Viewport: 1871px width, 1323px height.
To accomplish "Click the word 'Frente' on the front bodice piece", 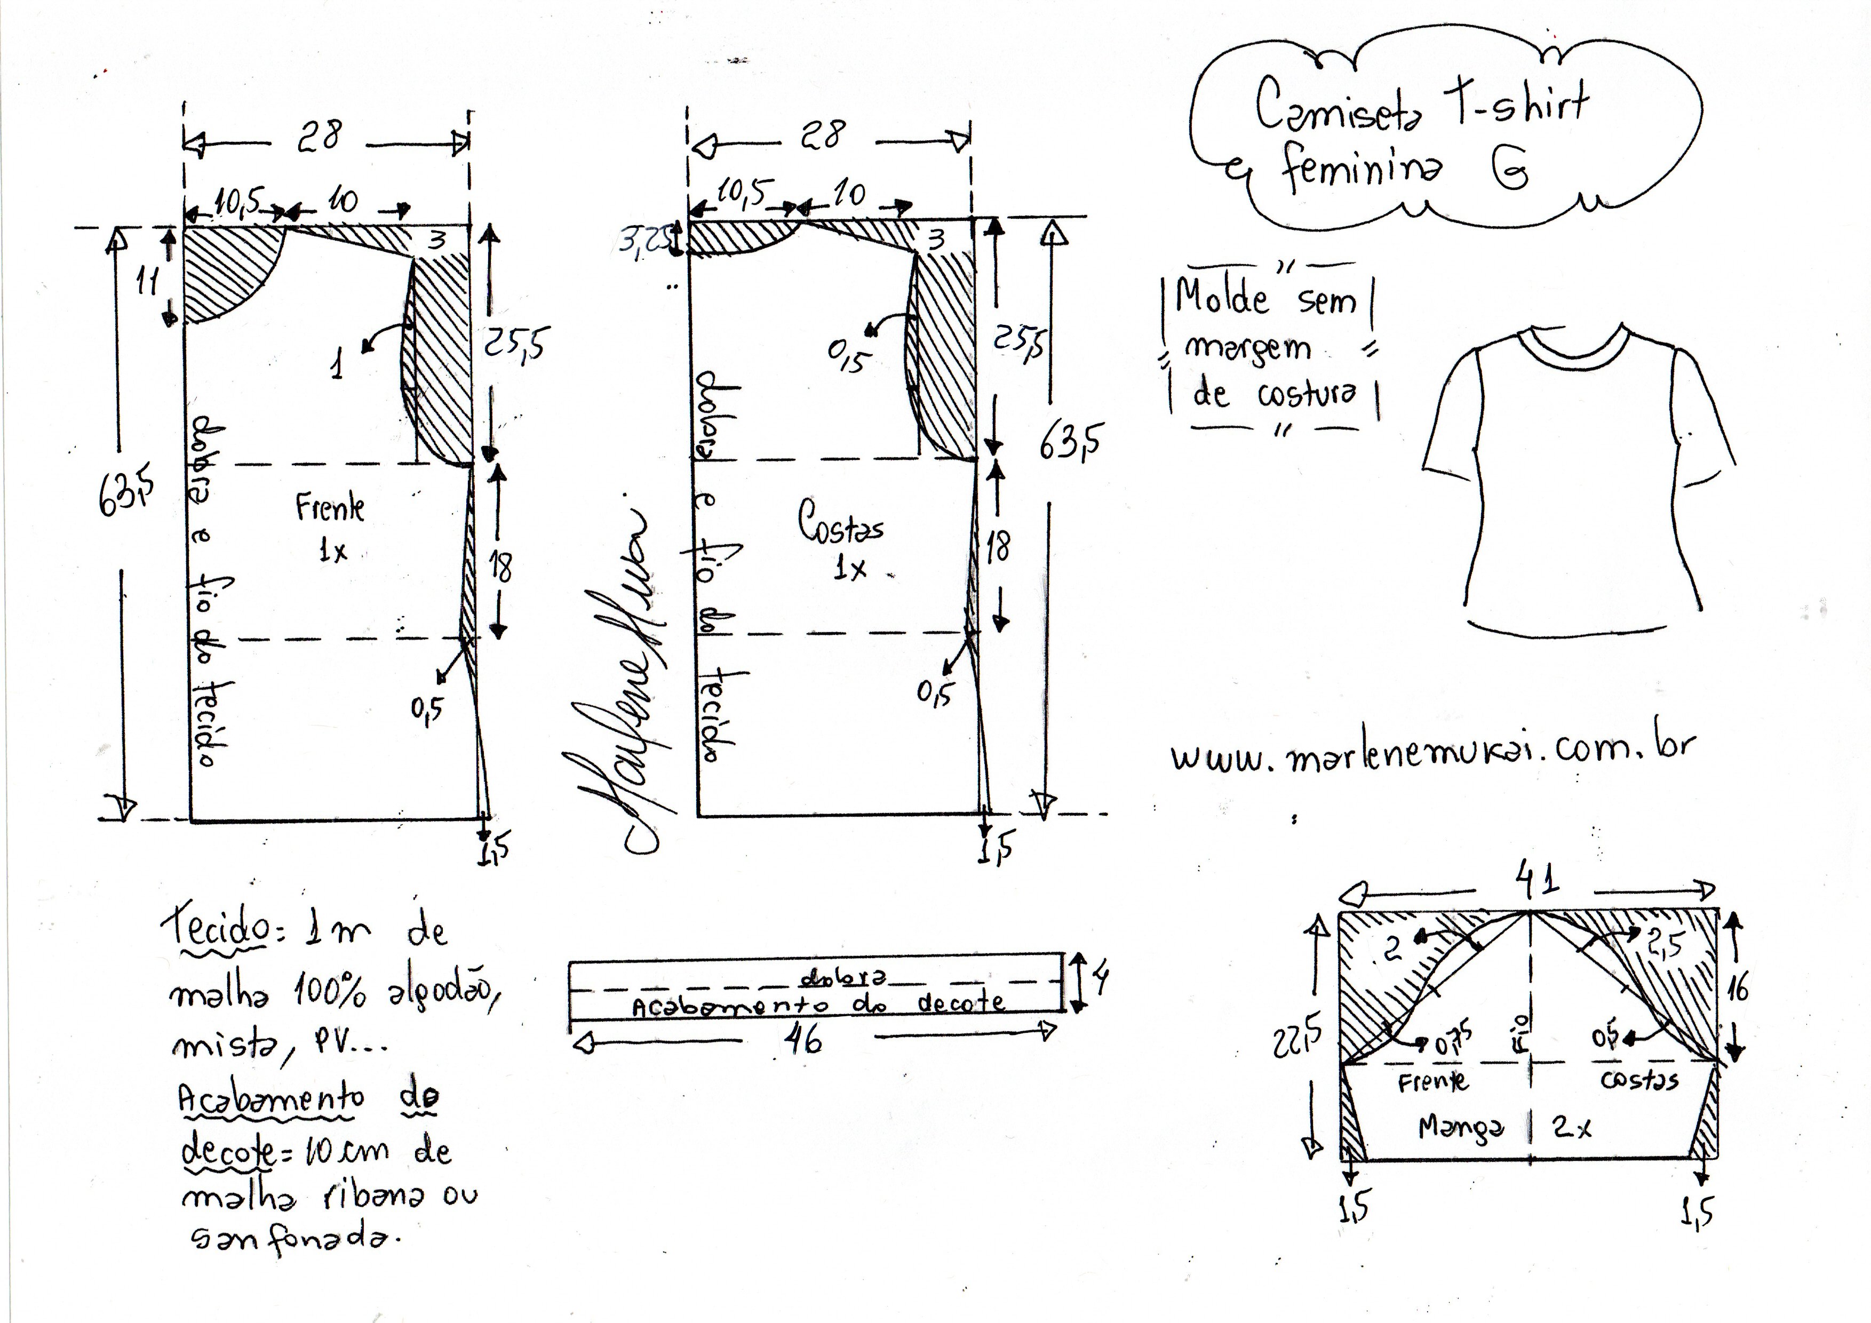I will [330, 508].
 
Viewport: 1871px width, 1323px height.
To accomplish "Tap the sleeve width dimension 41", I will [1537, 881].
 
